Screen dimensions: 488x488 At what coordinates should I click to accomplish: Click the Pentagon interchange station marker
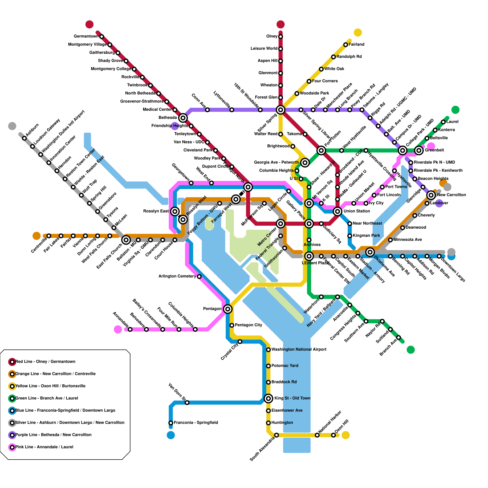point(228,309)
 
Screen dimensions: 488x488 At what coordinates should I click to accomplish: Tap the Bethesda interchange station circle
point(183,118)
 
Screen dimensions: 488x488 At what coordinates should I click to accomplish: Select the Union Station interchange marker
point(337,211)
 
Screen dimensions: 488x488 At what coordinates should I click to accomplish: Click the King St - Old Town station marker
point(268,398)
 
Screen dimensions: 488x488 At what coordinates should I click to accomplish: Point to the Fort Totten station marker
point(321,150)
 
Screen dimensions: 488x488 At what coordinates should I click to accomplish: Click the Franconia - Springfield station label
point(196,423)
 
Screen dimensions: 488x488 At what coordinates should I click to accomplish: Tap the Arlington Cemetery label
point(177,276)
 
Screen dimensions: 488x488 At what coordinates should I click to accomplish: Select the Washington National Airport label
point(299,350)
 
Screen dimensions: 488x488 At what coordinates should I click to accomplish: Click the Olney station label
point(272,37)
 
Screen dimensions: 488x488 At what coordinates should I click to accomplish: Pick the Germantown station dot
point(102,37)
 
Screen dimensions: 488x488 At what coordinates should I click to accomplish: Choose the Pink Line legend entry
point(44,447)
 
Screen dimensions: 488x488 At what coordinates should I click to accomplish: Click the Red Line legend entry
point(45,362)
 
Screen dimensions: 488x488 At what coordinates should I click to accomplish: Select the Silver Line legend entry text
point(70,423)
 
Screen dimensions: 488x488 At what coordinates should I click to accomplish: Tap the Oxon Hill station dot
point(333,435)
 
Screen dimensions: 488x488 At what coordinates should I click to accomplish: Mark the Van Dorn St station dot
point(187,403)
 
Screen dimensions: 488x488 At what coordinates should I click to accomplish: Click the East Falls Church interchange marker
point(126,240)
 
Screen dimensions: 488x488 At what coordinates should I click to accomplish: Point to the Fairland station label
point(357,45)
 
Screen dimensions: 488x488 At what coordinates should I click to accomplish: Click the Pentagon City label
point(249,325)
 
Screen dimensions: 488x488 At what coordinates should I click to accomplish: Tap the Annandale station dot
point(130,329)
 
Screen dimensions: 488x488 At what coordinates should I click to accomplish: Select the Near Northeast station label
point(367,224)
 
